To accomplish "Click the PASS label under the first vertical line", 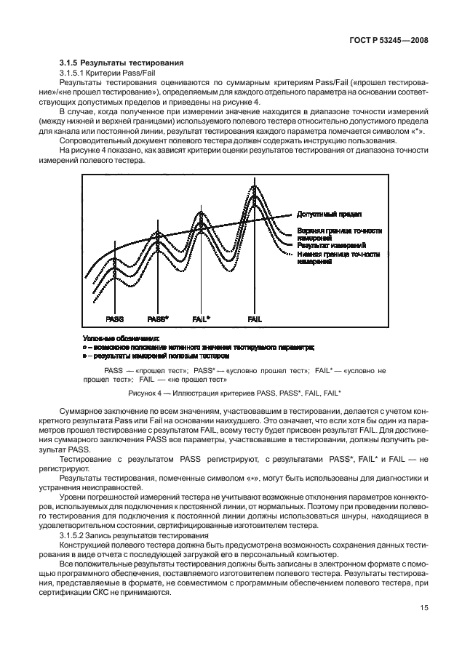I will [114, 319].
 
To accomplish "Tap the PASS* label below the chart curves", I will [158, 319].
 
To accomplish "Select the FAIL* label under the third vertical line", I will [201, 319].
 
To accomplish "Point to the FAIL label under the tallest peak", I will [255, 319].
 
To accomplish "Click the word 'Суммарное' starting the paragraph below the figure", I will [76, 411].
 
